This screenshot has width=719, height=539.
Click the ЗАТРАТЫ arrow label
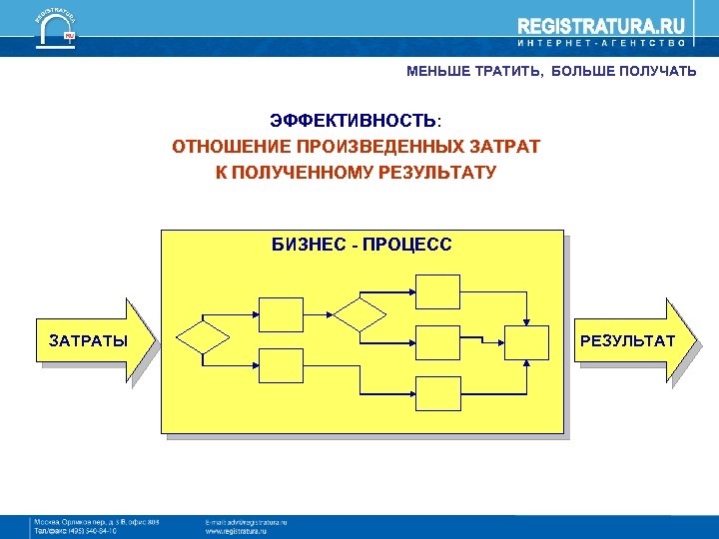88,341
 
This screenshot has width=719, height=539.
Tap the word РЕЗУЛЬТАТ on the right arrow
627,341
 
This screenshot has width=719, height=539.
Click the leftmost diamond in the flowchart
203,336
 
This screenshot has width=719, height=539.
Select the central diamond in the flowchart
359,314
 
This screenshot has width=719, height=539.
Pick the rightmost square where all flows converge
526,341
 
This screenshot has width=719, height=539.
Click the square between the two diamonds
281,313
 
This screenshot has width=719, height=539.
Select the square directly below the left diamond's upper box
281,364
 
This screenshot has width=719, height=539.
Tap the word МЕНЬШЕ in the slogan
437,71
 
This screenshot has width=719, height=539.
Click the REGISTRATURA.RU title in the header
587,27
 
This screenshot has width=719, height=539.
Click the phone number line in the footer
75,532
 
